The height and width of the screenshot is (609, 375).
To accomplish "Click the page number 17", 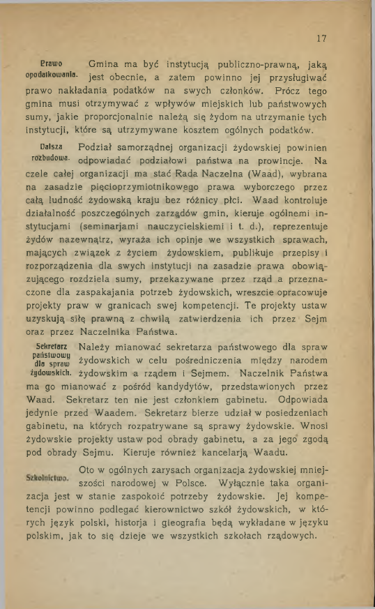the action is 321,38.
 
